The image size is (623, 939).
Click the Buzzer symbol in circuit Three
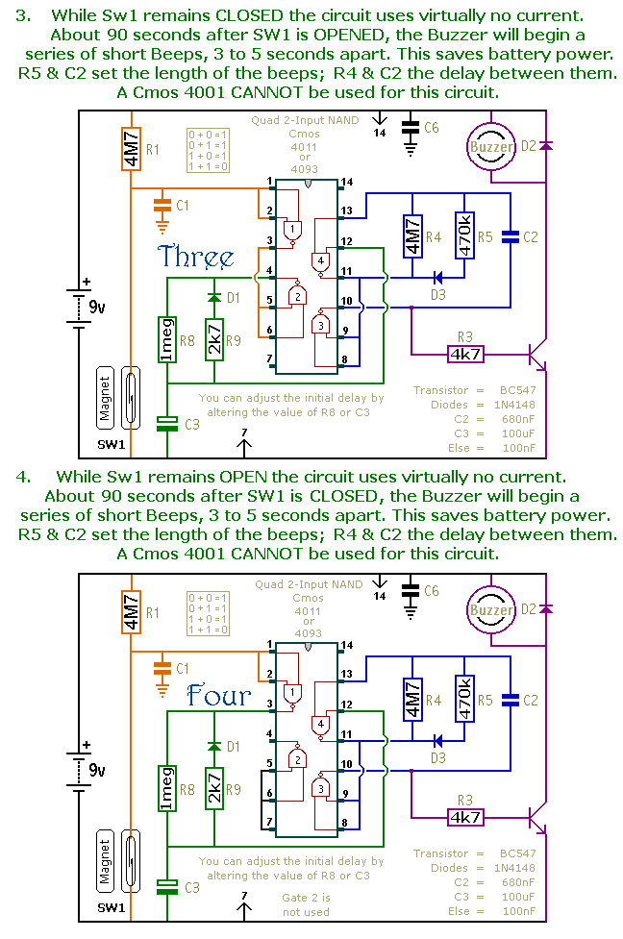[x=490, y=147]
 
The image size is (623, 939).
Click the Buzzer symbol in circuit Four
[x=490, y=609]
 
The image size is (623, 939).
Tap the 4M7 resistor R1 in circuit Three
[x=131, y=149]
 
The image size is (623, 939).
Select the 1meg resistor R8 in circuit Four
[x=166, y=789]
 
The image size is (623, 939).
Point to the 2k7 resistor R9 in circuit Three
[x=213, y=340]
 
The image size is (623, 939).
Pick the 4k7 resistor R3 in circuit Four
[x=465, y=817]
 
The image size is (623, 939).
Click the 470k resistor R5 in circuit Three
[x=464, y=235]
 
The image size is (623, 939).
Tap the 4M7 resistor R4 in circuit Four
[x=412, y=699]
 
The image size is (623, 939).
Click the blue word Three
[x=195, y=257]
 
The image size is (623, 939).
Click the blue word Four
[x=218, y=695]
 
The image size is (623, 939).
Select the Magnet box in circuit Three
[x=105, y=398]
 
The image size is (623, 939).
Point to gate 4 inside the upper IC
[x=321, y=261]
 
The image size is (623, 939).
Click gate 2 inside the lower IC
[x=297, y=760]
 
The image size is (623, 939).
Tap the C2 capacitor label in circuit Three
[x=530, y=237]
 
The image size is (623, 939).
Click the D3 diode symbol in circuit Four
[x=437, y=740]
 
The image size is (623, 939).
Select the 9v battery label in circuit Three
[x=97, y=308]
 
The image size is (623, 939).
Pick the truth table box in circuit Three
[x=208, y=150]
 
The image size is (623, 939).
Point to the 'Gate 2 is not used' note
[x=306, y=904]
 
